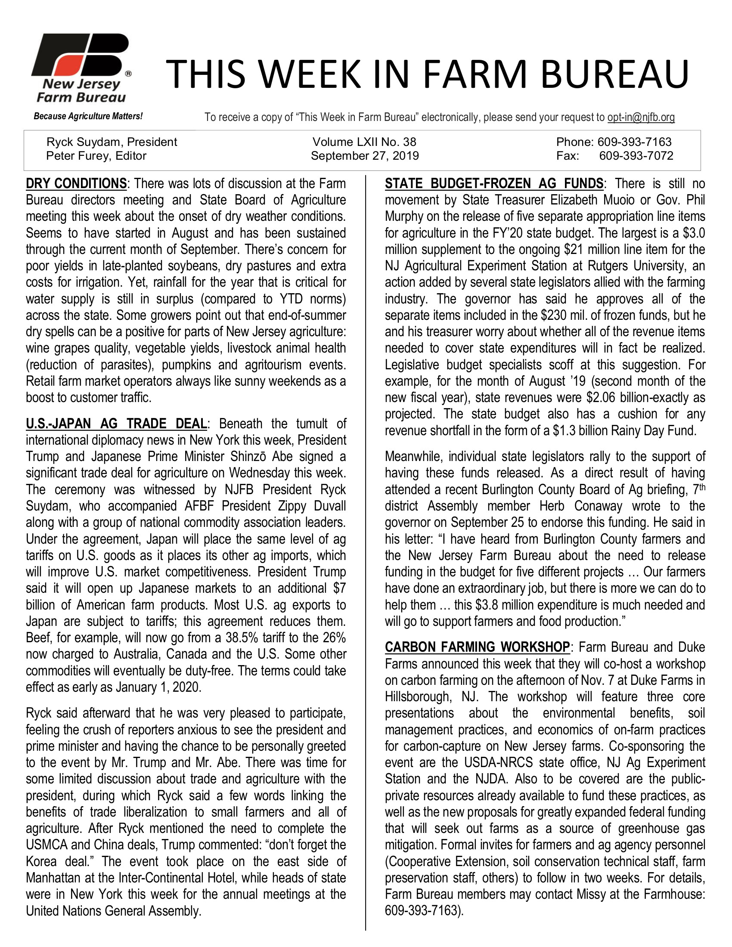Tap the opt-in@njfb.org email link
click(641, 117)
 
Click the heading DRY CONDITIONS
click(76, 183)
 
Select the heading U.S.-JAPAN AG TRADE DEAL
click(117, 423)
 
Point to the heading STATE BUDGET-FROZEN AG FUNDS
click(493, 183)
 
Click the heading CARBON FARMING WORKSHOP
click(477, 647)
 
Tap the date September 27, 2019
click(365, 156)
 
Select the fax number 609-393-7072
click(636, 156)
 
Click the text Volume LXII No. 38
click(364, 142)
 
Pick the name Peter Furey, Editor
click(96, 156)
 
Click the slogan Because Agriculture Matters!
click(88, 116)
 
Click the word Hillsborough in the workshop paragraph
click(419, 696)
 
